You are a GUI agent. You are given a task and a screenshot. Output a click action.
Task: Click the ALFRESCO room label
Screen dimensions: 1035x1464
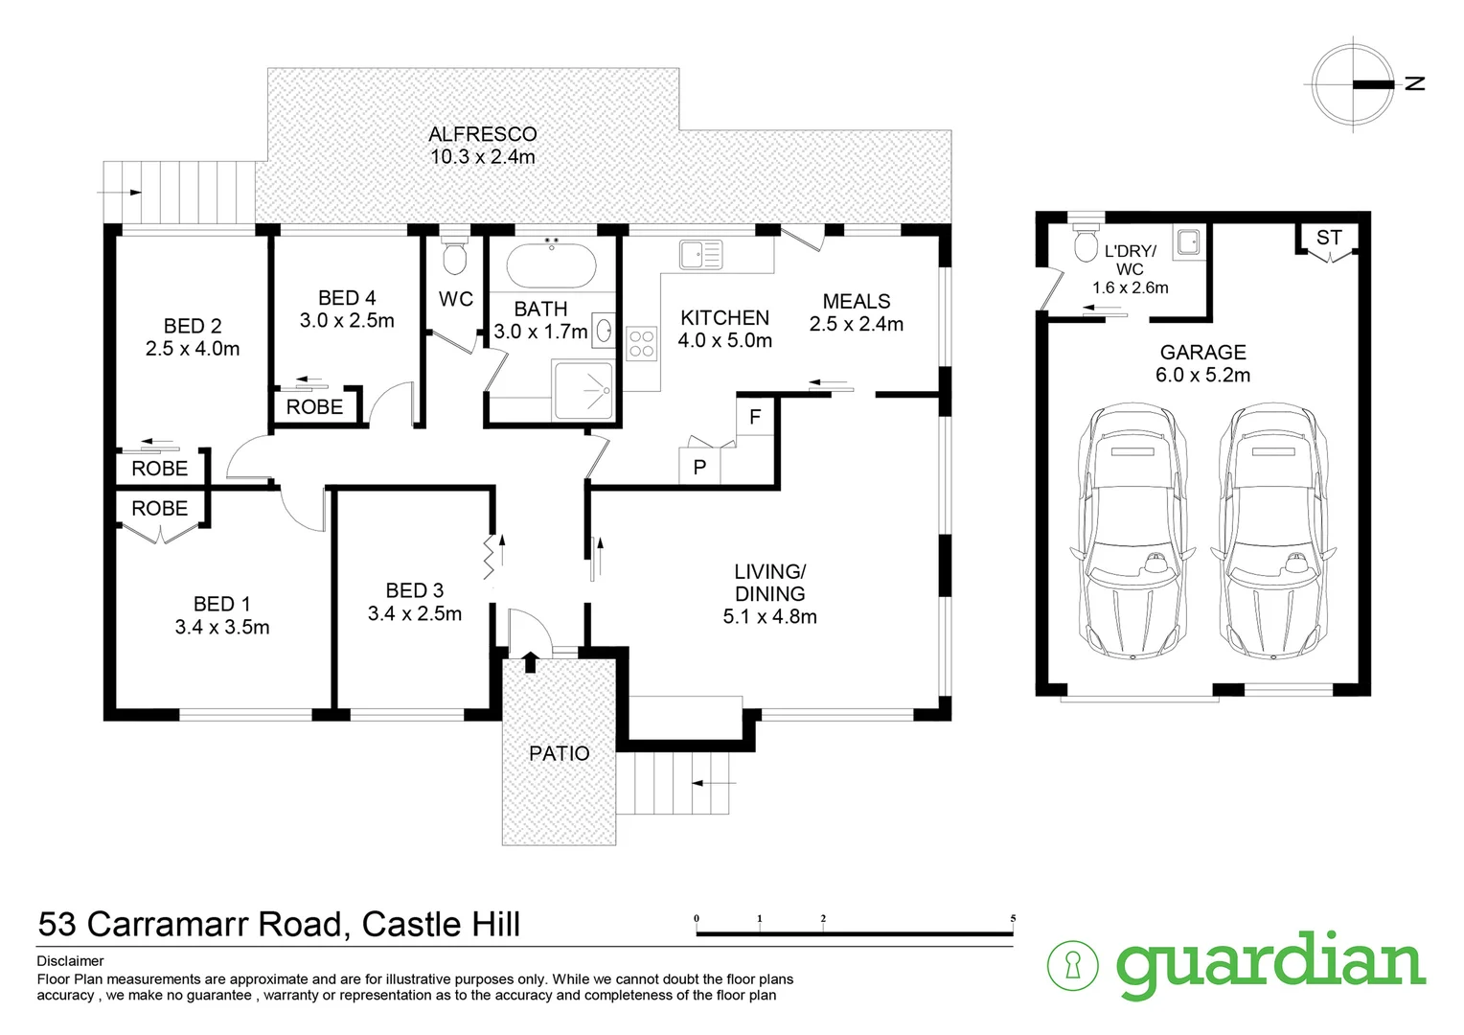[x=482, y=134]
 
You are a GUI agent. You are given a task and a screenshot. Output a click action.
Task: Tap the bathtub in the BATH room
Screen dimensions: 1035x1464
[x=551, y=264]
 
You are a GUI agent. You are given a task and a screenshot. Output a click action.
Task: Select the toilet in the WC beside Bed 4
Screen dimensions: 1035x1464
[x=454, y=256]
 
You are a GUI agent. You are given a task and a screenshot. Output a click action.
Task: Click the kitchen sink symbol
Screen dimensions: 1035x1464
[x=700, y=255]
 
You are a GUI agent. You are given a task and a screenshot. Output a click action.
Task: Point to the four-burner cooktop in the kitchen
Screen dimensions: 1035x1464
[x=641, y=344]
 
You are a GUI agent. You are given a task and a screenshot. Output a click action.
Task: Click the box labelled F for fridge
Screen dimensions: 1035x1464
[x=755, y=417]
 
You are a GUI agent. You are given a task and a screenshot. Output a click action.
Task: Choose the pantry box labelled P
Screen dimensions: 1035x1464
[x=699, y=468]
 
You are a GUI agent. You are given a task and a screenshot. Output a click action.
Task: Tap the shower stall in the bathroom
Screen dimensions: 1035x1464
[x=583, y=390]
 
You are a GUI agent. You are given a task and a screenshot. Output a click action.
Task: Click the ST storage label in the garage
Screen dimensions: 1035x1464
[x=1329, y=238]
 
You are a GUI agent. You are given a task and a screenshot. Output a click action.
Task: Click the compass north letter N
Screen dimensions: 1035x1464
[x=1415, y=83]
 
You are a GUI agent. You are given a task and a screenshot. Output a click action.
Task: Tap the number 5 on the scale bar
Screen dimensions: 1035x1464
[x=1013, y=918]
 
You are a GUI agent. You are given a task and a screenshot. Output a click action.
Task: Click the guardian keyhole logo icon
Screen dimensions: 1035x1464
[x=1072, y=965]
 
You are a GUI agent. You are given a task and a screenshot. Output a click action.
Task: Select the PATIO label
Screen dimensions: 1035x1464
[x=560, y=753]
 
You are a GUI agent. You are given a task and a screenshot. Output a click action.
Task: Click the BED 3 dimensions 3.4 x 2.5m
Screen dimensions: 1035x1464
[x=415, y=613]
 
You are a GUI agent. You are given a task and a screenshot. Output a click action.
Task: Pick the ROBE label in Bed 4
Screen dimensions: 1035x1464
[x=314, y=406]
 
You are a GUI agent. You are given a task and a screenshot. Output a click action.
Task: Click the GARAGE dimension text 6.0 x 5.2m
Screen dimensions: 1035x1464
[x=1202, y=375]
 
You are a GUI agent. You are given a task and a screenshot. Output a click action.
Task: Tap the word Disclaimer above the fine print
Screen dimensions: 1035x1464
[x=70, y=961]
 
